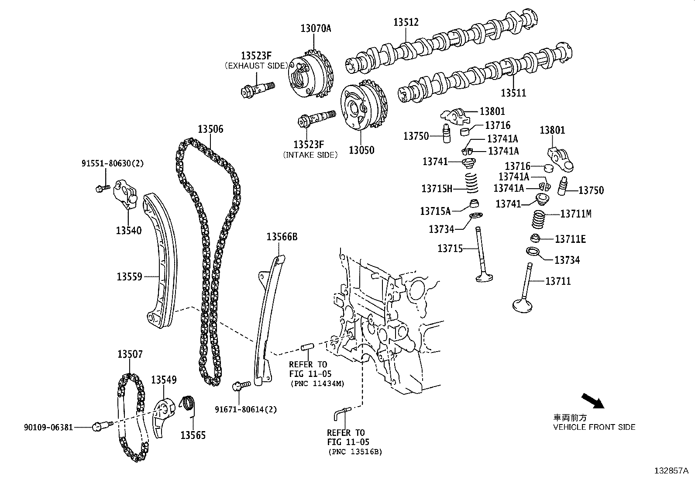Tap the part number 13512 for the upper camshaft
(406, 22)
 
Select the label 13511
(513, 93)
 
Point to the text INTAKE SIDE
(310, 155)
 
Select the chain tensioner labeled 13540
(126, 195)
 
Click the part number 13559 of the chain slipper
(129, 276)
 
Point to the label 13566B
(282, 237)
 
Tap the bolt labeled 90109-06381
(98, 426)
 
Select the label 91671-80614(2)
(245, 409)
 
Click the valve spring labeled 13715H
(471, 182)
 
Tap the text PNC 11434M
(317, 383)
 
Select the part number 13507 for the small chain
(130, 354)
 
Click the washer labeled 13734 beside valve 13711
(533, 251)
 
